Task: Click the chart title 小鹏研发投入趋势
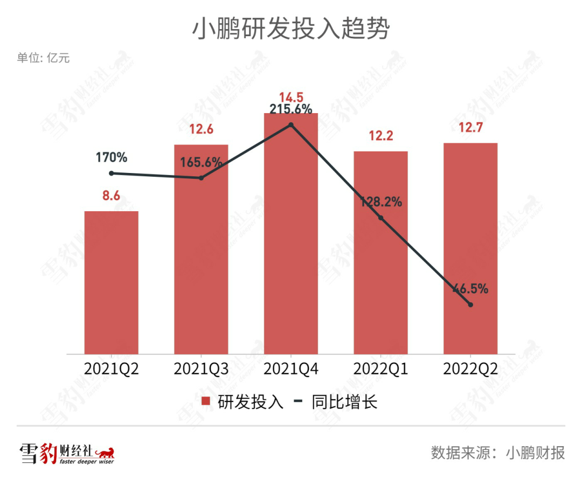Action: coord(290,30)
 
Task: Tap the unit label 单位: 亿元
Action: coord(43,58)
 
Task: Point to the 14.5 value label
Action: coord(291,98)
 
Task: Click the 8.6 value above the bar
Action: coord(112,196)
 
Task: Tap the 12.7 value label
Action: coord(470,128)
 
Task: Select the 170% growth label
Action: coord(112,158)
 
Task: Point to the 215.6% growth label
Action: coord(291,109)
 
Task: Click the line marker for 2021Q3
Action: coord(201,178)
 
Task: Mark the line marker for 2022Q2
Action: coord(470,305)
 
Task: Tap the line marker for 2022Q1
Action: coord(380,218)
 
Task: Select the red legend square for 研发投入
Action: coord(205,401)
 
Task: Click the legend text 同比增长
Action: coord(344,402)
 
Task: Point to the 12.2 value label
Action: coord(380,136)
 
